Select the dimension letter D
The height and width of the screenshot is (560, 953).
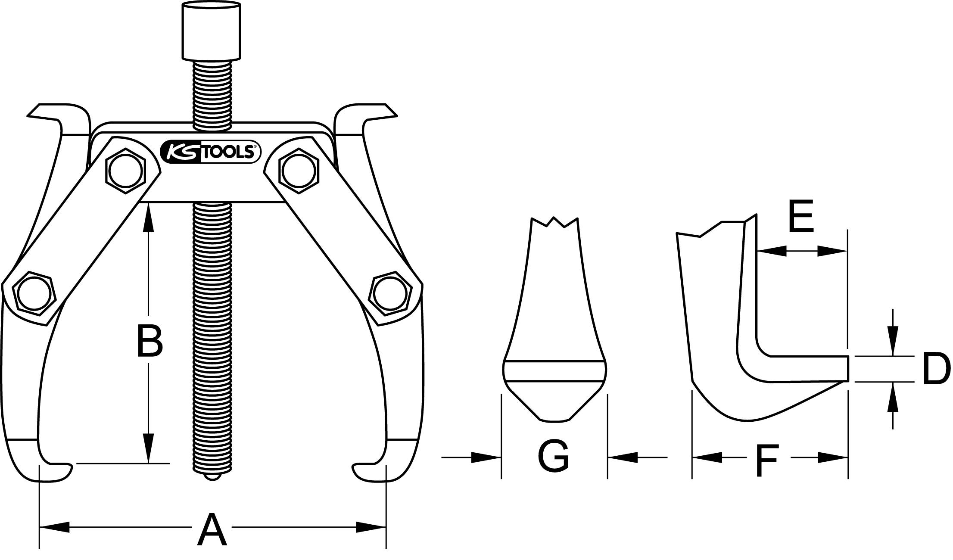936,369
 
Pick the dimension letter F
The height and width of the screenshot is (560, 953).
767,462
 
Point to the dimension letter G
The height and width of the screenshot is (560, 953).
553,456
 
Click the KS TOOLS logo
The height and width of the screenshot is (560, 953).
209,152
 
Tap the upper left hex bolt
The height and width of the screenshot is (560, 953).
125,171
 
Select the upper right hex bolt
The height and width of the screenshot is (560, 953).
299,171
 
